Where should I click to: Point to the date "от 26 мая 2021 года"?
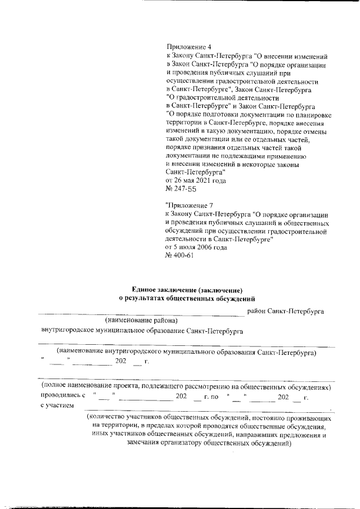click(196, 181)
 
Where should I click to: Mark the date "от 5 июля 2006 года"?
click(196, 247)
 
